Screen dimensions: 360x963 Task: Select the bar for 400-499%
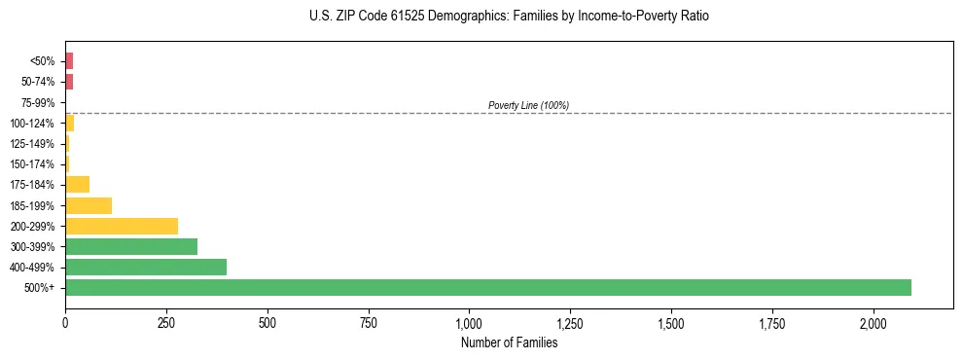point(146,267)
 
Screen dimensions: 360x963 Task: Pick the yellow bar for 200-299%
point(122,226)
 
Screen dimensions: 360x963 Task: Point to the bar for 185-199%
point(89,205)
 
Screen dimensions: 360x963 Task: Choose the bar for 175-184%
point(78,185)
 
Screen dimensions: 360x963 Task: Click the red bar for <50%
point(69,61)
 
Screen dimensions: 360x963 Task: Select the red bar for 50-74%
point(69,82)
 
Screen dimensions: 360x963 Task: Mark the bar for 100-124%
point(70,124)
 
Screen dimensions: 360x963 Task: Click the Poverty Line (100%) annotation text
point(528,105)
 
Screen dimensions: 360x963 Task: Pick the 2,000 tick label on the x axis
point(874,323)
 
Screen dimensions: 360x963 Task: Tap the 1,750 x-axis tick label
point(772,323)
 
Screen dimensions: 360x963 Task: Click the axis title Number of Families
point(509,342)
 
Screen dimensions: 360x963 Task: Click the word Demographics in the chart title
point(453,17)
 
